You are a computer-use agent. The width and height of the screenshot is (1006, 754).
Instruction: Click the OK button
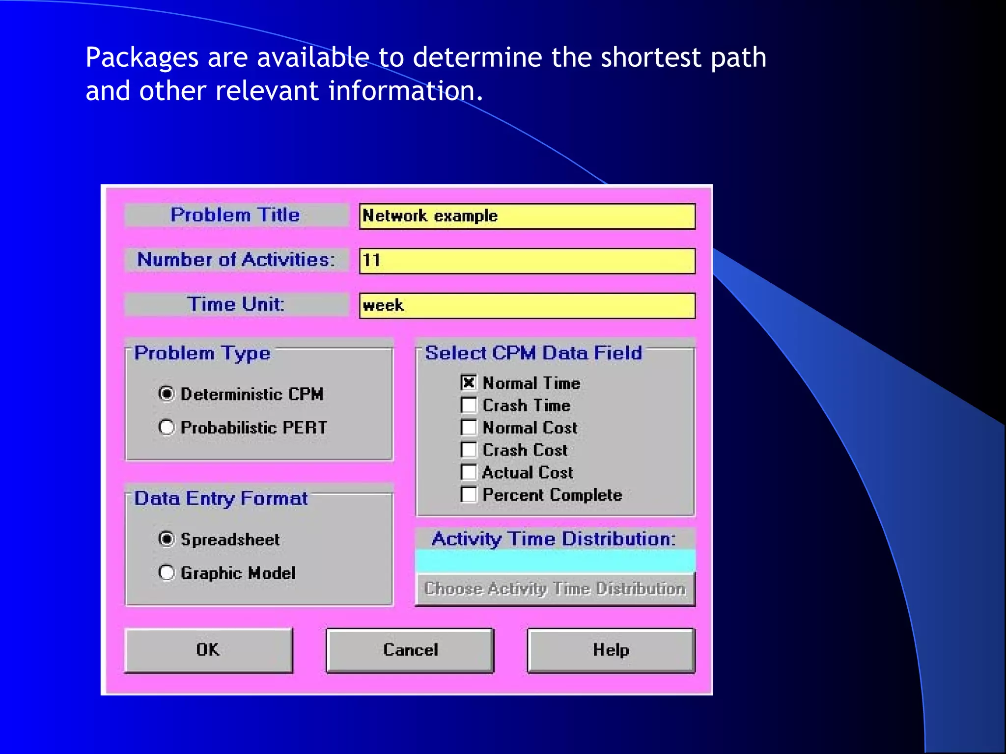click(209, 650)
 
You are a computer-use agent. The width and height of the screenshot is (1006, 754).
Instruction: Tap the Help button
click(611, 650)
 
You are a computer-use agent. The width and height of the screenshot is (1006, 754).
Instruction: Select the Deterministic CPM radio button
click(167, 394)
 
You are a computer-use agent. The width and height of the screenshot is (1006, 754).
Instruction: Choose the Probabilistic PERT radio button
click(167, 427)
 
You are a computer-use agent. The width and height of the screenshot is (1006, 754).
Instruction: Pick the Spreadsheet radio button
click(167, 539)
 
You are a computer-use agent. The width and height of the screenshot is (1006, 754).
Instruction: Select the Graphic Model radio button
click(167, 572)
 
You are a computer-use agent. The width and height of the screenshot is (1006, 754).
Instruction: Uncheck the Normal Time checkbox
click(469, 382)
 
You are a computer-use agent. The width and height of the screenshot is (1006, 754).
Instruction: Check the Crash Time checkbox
click(469, 405)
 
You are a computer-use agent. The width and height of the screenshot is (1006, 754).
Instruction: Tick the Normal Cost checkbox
click(469, 427)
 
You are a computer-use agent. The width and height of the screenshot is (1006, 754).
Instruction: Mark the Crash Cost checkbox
click(469, 450)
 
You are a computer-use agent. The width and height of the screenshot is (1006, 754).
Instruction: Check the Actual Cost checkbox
click(469, 472)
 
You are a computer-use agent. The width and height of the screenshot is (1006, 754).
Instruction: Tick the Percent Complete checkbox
click(469, 494)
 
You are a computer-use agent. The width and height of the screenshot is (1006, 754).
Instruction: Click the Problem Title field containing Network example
click(527, 216)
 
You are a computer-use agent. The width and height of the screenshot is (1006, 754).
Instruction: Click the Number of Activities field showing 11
click(527, 261)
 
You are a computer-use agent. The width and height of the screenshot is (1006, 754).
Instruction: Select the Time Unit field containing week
click(527, 305)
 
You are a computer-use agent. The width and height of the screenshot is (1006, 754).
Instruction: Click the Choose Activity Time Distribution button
click(555, 589)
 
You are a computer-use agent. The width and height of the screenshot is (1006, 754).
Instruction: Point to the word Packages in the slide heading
click(142, 58)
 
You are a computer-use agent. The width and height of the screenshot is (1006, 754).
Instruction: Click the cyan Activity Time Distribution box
click(555, 561)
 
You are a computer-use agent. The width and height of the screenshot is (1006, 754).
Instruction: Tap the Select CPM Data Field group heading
click(533, 353)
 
